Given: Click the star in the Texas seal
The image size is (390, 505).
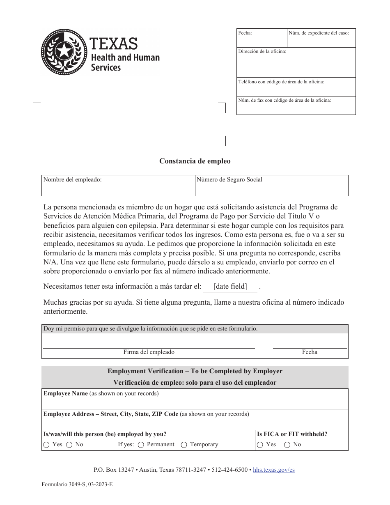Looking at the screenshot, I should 64,52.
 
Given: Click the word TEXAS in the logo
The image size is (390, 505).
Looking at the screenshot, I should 114,44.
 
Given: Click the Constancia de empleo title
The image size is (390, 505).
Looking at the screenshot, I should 195,161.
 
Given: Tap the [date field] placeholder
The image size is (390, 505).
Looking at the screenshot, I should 230,287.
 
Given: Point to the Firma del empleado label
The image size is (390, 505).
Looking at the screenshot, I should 149,352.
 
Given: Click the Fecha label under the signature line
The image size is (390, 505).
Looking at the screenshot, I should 310,352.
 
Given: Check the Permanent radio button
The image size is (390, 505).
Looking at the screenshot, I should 141,445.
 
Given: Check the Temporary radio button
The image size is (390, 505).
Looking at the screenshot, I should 184,445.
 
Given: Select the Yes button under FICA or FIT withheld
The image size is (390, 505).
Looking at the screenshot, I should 260,445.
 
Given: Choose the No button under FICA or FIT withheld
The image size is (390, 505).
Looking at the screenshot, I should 287,445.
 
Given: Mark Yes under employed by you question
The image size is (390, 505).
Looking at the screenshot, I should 46,445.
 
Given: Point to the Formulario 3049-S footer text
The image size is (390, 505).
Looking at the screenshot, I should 77,484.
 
